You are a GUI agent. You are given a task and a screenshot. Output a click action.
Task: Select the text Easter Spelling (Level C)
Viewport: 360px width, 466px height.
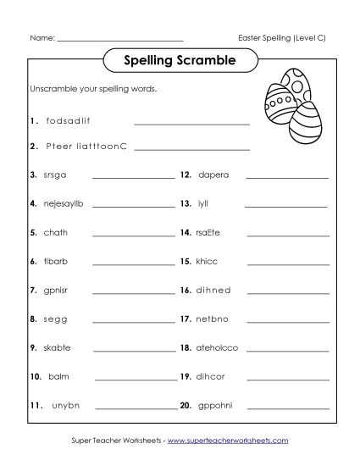click(284, 37)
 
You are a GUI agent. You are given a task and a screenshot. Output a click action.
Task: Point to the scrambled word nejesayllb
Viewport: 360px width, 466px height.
click(65, 203)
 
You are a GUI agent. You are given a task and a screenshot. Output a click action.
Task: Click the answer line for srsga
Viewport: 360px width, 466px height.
click(133, 179)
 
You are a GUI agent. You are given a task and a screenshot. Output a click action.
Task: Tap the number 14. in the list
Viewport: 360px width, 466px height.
click(185, 232)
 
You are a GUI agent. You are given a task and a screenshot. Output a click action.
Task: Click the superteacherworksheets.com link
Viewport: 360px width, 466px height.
click(228, 441)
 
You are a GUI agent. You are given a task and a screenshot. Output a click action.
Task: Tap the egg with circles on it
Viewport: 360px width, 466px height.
click(286, 91)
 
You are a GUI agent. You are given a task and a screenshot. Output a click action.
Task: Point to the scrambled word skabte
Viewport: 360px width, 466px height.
click(57, 347)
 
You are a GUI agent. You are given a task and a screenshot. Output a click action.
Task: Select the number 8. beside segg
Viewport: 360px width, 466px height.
click(33, 319)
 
